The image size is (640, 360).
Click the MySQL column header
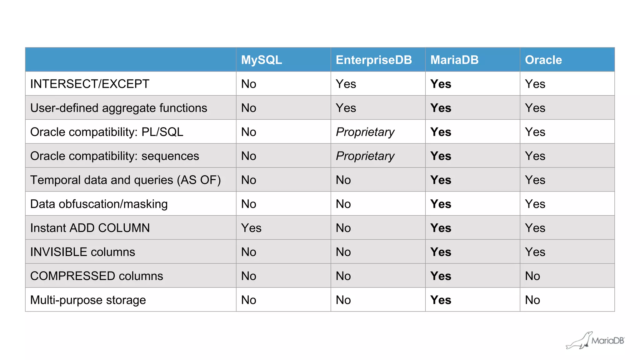(x=262, y=60)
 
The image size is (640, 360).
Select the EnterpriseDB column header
(x=374, y=60)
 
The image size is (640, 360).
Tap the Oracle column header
(x=543, y=60)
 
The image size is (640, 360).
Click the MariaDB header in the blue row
(x=454, y=60)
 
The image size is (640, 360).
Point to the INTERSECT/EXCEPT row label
(x=90, y=84)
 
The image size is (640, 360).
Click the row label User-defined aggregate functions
(x=118, y=108)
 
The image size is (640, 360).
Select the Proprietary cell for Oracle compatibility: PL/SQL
(x=365, y=132)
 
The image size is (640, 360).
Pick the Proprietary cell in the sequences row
(x=365, y=156)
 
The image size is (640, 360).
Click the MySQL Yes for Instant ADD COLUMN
(x=251, y=228)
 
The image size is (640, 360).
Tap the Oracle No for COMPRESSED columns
(x=532, y=276)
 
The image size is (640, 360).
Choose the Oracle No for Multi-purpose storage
(x=532, y=300)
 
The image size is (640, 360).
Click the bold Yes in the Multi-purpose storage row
(x=441, y=300)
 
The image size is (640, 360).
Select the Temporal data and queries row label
(x=125, y=180)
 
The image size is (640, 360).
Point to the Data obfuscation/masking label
(x=99, y=204)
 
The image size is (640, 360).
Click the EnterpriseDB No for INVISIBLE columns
(x=343, y=252)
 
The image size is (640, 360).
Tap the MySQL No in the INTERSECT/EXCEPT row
(x=249, y=84)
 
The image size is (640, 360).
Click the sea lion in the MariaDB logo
(x=579, y=341)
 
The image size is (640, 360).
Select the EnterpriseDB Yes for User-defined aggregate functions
(x=346, y=108)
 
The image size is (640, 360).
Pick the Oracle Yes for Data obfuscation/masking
(x=535, y=204)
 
